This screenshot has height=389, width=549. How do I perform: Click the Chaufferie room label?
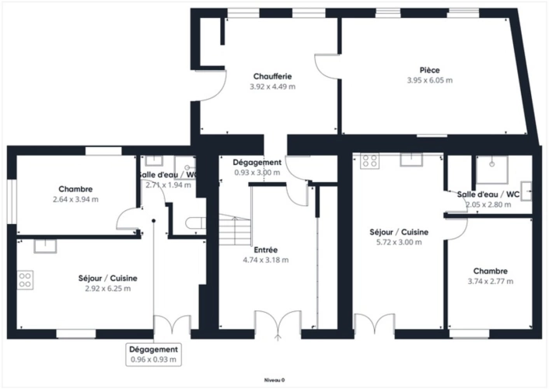tap(272, 76)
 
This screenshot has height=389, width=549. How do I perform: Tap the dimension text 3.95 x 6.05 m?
tap(429, 80)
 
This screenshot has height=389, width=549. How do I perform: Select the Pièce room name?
tap(429, 70)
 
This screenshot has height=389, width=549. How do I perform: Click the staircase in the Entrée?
tap(235, 230)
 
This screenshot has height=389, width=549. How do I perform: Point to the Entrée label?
tap(266, 250)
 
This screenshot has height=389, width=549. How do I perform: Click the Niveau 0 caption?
tap(274, 380)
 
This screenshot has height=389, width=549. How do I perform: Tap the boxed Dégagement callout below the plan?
tap(154, 354)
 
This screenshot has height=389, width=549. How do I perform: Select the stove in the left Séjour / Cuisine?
tap(25, 280)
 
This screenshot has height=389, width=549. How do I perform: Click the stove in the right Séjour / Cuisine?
tap(369, 161)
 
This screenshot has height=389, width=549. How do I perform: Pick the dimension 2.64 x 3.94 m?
tap(75, 199)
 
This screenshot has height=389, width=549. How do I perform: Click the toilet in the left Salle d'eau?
tap(196, 223)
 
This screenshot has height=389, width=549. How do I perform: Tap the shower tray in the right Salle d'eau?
tap(491, 170)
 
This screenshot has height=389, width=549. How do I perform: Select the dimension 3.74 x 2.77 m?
tap(491, 281)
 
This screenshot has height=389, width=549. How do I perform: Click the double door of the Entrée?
tap(278, 322)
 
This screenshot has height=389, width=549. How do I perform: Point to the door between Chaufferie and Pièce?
tap(327, 67)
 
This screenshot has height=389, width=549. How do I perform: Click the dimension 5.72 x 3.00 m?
tap(399, 242)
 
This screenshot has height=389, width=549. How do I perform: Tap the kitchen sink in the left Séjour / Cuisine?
tap(45, 246)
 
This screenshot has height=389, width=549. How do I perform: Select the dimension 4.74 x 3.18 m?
tap(266, 260)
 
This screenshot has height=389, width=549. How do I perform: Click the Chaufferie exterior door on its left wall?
tap(211, 86)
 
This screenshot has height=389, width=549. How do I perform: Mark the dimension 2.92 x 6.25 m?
tap(108, 289)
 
